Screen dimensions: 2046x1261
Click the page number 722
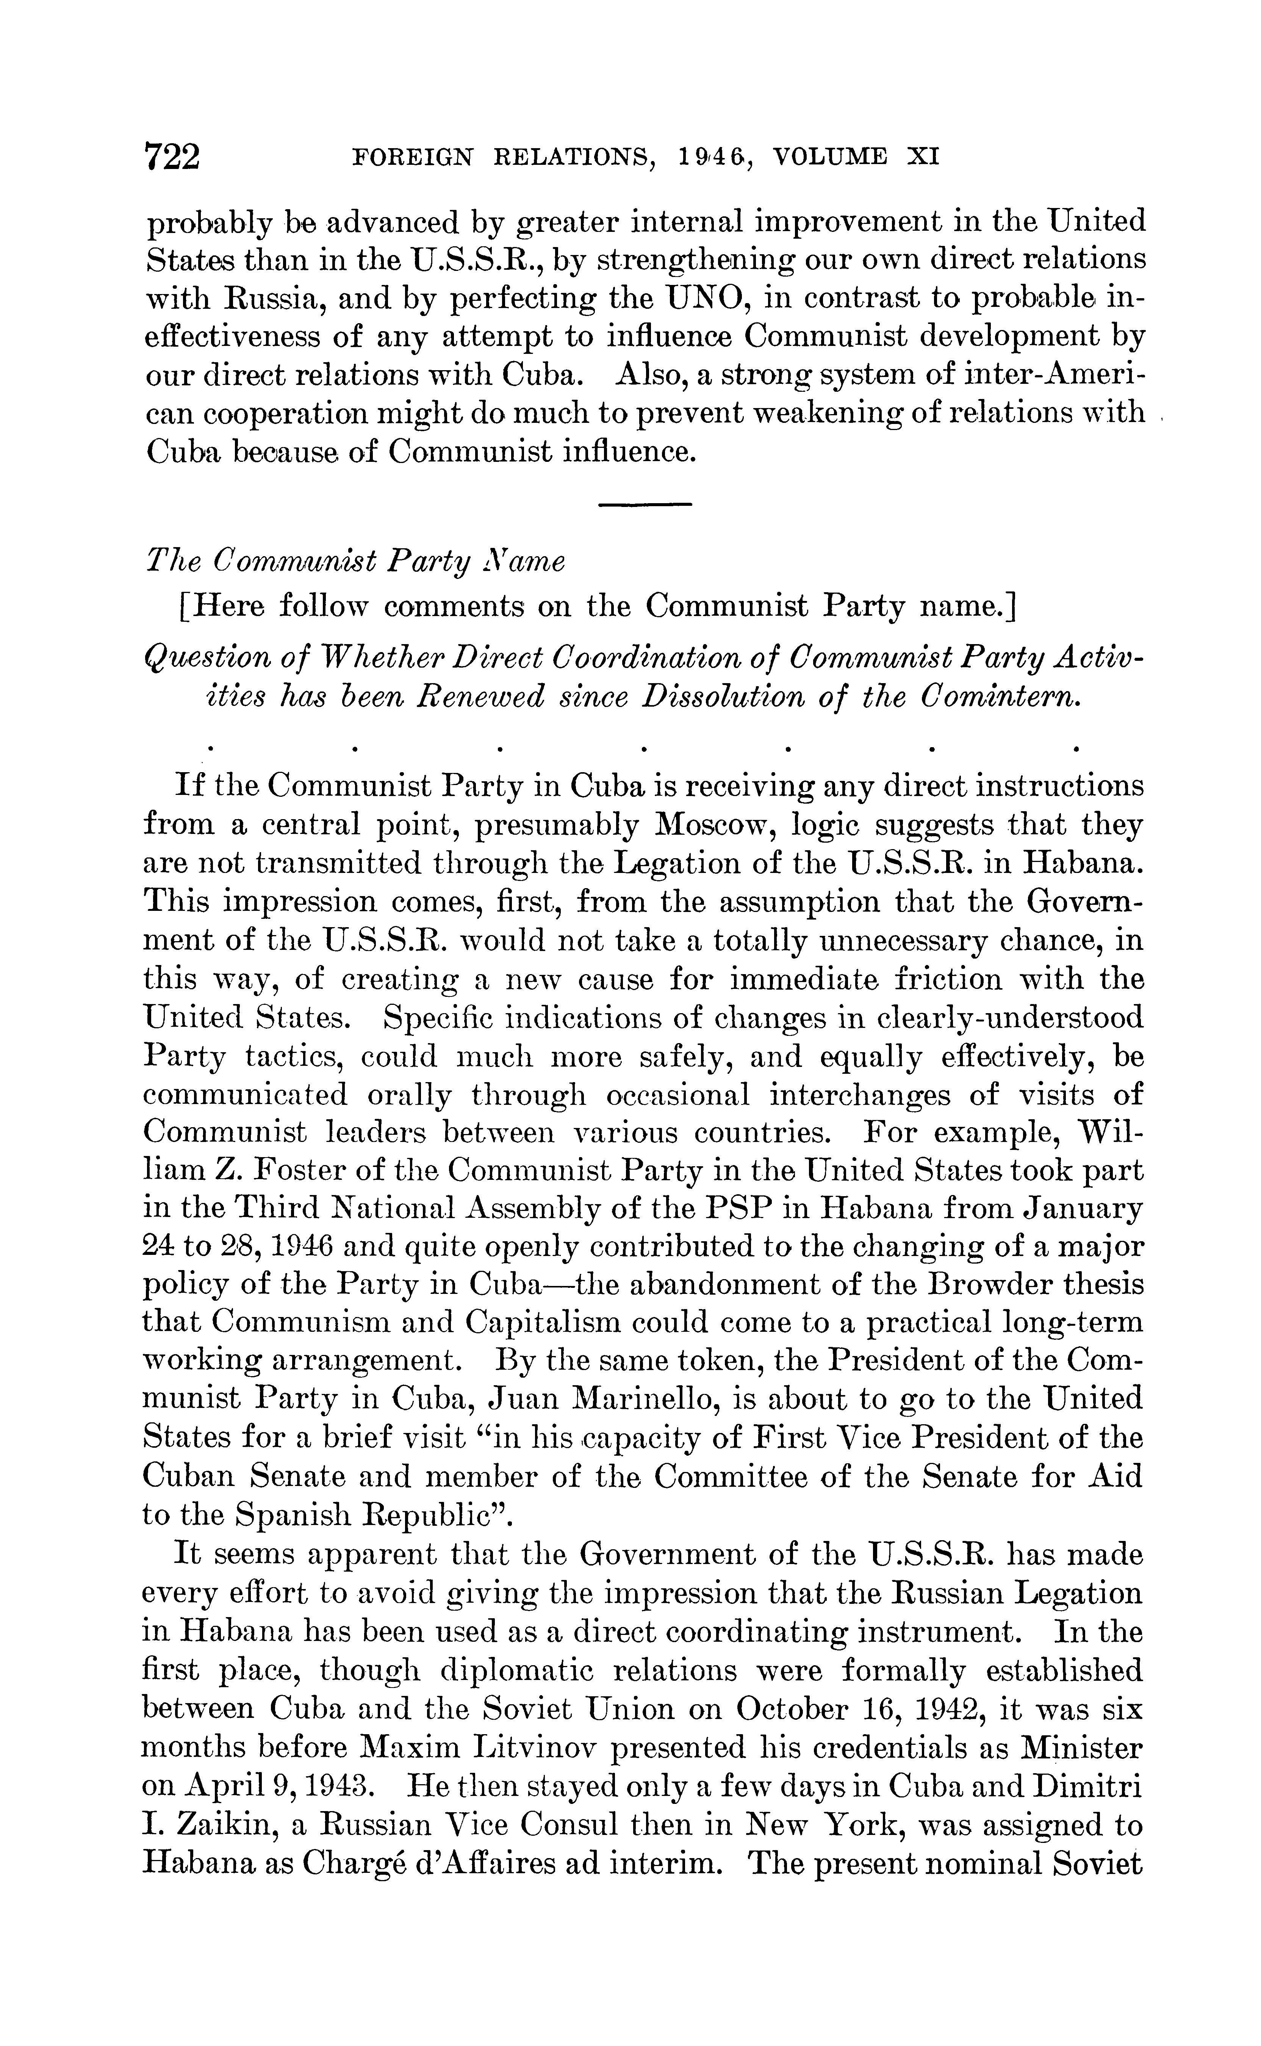[x=173, y=156]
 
